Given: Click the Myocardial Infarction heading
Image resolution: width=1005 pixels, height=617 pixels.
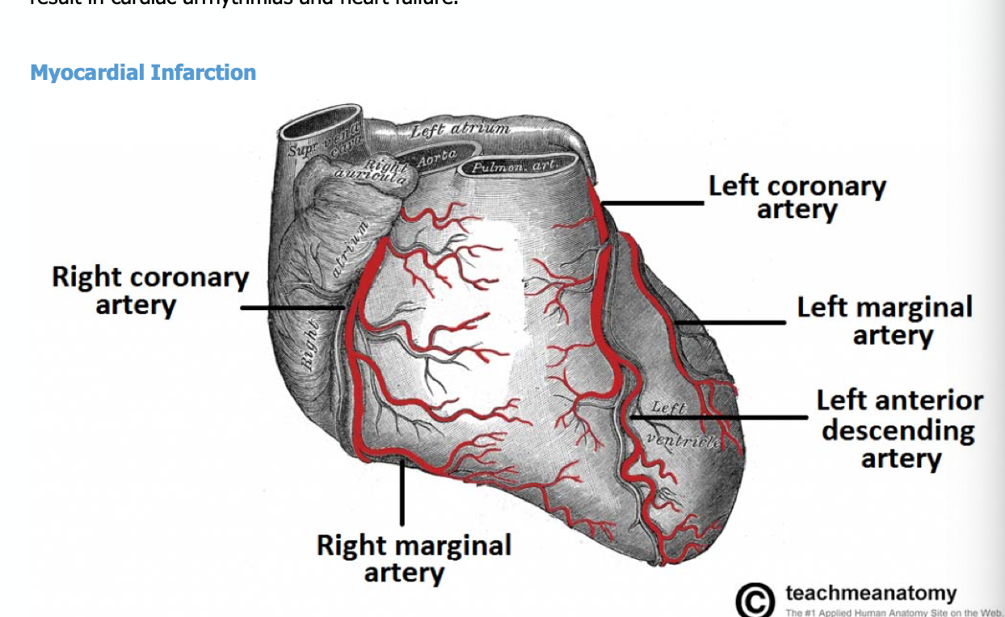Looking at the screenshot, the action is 143,73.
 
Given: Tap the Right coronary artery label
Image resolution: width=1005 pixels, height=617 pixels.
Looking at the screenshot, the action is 150,291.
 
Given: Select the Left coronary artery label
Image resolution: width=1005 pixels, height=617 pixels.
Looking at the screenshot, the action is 797,198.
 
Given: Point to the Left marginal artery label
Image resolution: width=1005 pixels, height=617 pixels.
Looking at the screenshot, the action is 885,321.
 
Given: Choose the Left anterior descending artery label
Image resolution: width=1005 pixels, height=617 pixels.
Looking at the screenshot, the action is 899,429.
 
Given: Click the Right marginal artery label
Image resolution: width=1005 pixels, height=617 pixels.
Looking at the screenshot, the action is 414,558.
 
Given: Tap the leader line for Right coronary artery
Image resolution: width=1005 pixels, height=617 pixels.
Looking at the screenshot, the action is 292,308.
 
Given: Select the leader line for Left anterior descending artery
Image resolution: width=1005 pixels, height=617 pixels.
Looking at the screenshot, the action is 719,418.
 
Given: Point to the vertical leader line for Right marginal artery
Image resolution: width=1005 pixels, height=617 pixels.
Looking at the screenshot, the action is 402,493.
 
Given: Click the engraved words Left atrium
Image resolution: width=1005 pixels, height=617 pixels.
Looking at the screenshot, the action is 460,128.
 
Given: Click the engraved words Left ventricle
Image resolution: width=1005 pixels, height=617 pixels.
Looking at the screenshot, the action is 679,424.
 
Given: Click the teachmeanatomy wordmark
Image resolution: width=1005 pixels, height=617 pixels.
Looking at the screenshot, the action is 870,594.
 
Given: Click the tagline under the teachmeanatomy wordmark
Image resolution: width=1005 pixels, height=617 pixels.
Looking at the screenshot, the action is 892,612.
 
